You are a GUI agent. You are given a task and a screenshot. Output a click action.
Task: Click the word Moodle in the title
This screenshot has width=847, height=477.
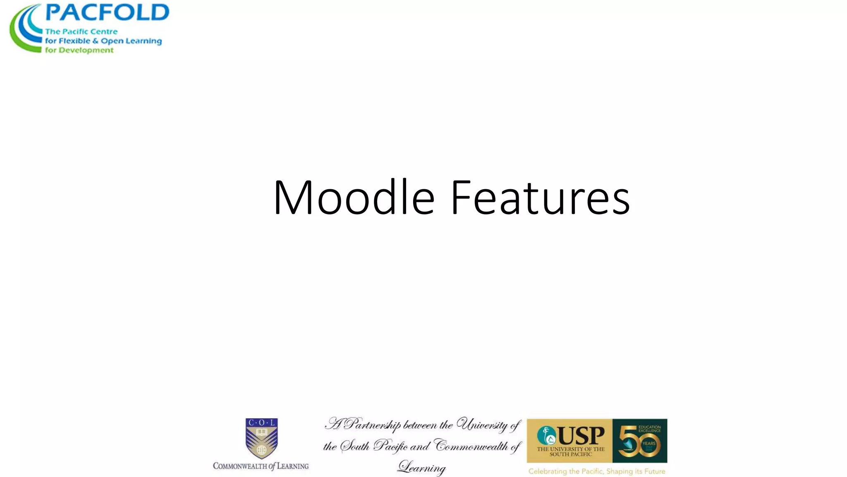354,198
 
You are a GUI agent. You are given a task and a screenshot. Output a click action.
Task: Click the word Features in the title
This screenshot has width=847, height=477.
540,198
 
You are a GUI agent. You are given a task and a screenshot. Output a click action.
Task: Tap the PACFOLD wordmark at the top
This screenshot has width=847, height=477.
107,12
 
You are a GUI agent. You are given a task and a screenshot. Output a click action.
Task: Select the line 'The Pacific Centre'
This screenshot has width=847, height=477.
81,31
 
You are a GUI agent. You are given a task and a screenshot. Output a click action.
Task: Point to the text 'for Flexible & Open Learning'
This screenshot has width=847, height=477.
103,41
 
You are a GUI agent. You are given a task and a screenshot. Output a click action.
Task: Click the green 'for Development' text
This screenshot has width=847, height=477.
79,50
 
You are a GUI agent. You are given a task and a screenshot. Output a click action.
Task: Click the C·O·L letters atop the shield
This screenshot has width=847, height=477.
261,423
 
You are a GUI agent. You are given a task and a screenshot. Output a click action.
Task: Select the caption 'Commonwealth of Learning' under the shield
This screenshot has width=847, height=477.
261,466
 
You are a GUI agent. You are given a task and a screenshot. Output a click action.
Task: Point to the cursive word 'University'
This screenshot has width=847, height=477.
482,425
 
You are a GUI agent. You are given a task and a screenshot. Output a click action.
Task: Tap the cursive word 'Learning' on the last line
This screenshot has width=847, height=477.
422,467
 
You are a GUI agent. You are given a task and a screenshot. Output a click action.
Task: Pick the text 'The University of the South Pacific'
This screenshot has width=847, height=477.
571,452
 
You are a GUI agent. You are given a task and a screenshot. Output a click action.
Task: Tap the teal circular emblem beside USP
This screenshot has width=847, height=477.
546,436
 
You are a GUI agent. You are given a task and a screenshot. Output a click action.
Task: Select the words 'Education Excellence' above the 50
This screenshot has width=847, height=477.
649,429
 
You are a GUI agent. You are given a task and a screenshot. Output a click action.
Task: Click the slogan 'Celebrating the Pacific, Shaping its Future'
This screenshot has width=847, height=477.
597,471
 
